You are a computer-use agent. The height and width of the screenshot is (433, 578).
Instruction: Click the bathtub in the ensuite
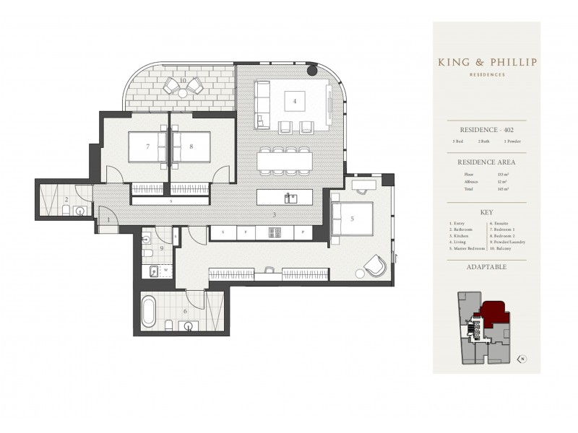point(149,311)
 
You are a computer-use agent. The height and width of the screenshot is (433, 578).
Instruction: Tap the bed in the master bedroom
point(352,217)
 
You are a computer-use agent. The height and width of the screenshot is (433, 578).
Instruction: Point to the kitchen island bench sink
point(290,198)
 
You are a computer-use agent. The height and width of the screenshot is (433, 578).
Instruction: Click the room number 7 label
point(147,146)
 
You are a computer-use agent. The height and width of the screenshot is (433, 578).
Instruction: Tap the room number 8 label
point(191,146)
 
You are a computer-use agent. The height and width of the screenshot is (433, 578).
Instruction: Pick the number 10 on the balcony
point(184,79)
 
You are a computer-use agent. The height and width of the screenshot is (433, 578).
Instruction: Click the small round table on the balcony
point(182,93)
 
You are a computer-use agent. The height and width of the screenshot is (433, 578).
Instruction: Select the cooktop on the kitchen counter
point(274,232)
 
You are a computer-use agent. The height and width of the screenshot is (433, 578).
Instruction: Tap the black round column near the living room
point(312,70)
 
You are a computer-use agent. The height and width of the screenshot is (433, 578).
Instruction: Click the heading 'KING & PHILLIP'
point(486,62)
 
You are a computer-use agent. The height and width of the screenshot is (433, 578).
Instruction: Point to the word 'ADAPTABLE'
point(486,267)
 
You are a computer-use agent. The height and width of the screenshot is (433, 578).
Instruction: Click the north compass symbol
point(522,358)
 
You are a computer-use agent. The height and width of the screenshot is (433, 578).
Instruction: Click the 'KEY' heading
point(486,214)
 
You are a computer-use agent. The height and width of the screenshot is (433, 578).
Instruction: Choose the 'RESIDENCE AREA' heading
point(486,162)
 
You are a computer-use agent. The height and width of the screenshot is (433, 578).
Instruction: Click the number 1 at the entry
point(108,219)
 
